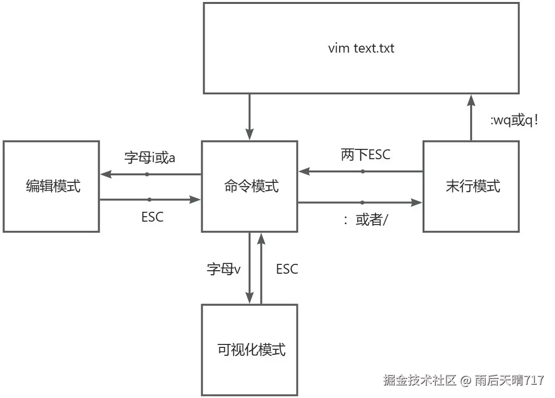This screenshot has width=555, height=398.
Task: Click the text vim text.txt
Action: pyautogui.click(x=361, y=49)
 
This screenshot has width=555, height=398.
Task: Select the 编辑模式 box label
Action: pyautogui.click(x=53, y=186)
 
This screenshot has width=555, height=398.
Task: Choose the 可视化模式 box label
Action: pyautogui.click(x=251, y=350)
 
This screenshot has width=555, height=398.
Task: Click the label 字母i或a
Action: pyautogui.click(x=150, y=158)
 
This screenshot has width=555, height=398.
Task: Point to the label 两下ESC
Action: pyautogui.click(x=366, y=155)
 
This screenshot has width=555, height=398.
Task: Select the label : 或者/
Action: pyautogui.click(x=366, y=220)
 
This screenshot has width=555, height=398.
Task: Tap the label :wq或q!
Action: pyautogui.click(x=515, y=120)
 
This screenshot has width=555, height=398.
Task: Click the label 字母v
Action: pyautogui.click(x=224, y=269)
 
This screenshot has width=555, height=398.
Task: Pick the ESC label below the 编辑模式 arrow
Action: pyautogui.click(x=152, y=217)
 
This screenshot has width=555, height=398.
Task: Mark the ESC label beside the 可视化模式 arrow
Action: pyautogui.click(x=287, y=269)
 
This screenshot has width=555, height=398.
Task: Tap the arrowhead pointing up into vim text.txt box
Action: pyautogui.click(x=471, y=101)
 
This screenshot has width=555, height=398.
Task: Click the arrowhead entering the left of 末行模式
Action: pyautogui.click(x=417, y=202)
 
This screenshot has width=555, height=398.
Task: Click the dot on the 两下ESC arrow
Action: pyautogui.click(x=363, y=171)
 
